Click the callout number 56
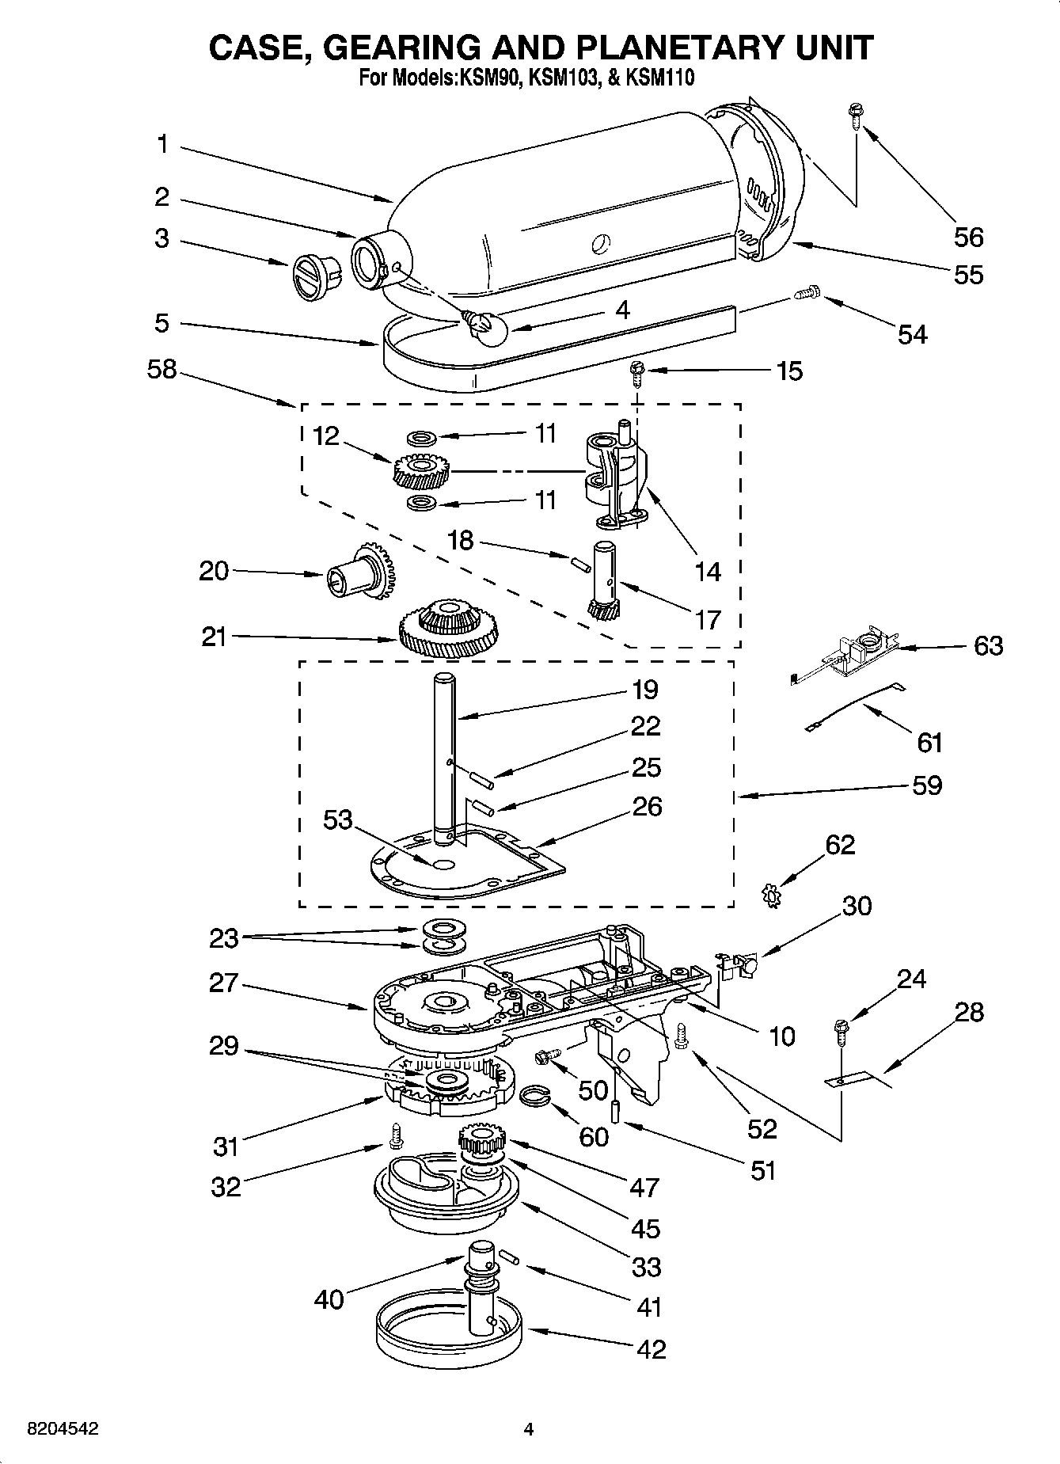pos(968,237)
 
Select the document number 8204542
pos(63,1429)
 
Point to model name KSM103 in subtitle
pos(564,78)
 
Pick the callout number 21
pos(214,637)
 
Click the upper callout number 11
pos(544,433)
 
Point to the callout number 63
pos(989,645)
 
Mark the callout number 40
pos(329,1299)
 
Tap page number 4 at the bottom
pos(529,1429)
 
